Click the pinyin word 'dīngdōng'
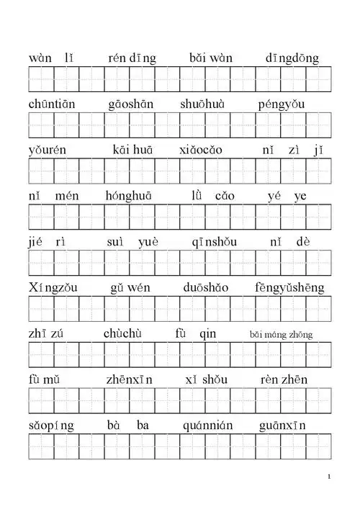pyautogui.click(x=292, y=58)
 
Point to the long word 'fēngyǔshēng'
pyautogui.click(x=289, y=288)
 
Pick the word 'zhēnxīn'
pyautogui.click(x=130, y=379)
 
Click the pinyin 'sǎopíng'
pyautogui.click(x=52, y=425)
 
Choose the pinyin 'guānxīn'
pyautogui.click(x=282, y=425)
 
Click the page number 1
pyautogui.click(x=328, y=477)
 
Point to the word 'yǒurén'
pyautogui.click(x=49, y=150)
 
